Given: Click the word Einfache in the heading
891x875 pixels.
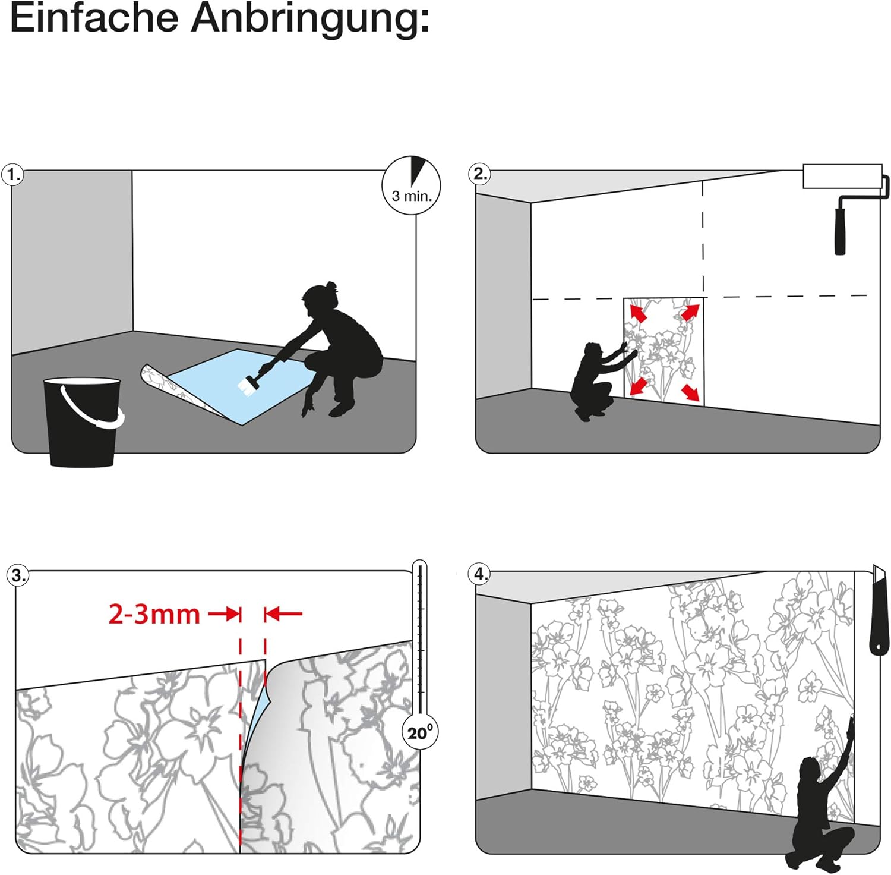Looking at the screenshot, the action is point(94,17).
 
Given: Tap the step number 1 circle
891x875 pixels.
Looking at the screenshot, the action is point(13,175).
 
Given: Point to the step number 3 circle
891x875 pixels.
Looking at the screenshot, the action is point(18,575).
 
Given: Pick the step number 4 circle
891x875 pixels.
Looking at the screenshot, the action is point(479,574).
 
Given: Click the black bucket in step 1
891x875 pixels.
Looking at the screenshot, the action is point(83,421).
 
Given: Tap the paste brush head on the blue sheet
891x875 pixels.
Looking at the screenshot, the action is point(247,387).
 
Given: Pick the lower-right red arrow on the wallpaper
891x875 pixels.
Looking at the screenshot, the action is point(690,392).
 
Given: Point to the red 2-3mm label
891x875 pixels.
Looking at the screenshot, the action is point(154,613).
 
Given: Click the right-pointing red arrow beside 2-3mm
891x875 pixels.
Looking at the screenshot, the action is point(225,613).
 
